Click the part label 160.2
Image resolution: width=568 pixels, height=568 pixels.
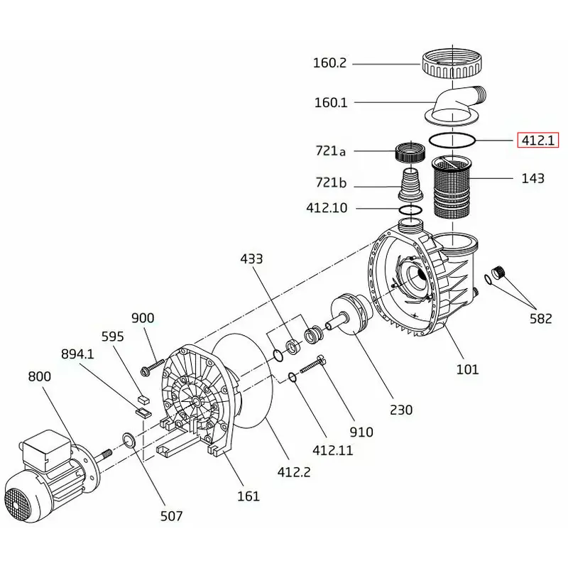point(329,63)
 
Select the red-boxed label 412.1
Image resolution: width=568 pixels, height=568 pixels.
point(537,140)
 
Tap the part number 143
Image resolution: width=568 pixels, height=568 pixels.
point(532,178)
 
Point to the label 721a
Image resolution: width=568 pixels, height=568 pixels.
point(330,151)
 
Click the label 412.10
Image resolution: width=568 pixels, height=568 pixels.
point(327,209)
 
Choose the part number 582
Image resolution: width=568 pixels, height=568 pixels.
point(540,319)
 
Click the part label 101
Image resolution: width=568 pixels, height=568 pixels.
point(468,369)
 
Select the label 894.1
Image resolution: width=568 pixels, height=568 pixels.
point(77,354)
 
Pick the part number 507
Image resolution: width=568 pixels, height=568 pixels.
point(171,516)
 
